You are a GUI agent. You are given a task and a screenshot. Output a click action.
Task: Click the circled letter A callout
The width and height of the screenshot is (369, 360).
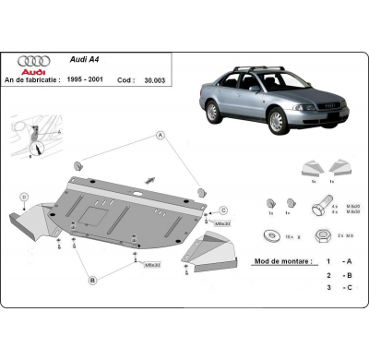pyautogui.click(x=161, y=135)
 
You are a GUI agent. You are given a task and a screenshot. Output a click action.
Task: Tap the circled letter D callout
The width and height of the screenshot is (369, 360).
pyautogui.click(x=24, y=196)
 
